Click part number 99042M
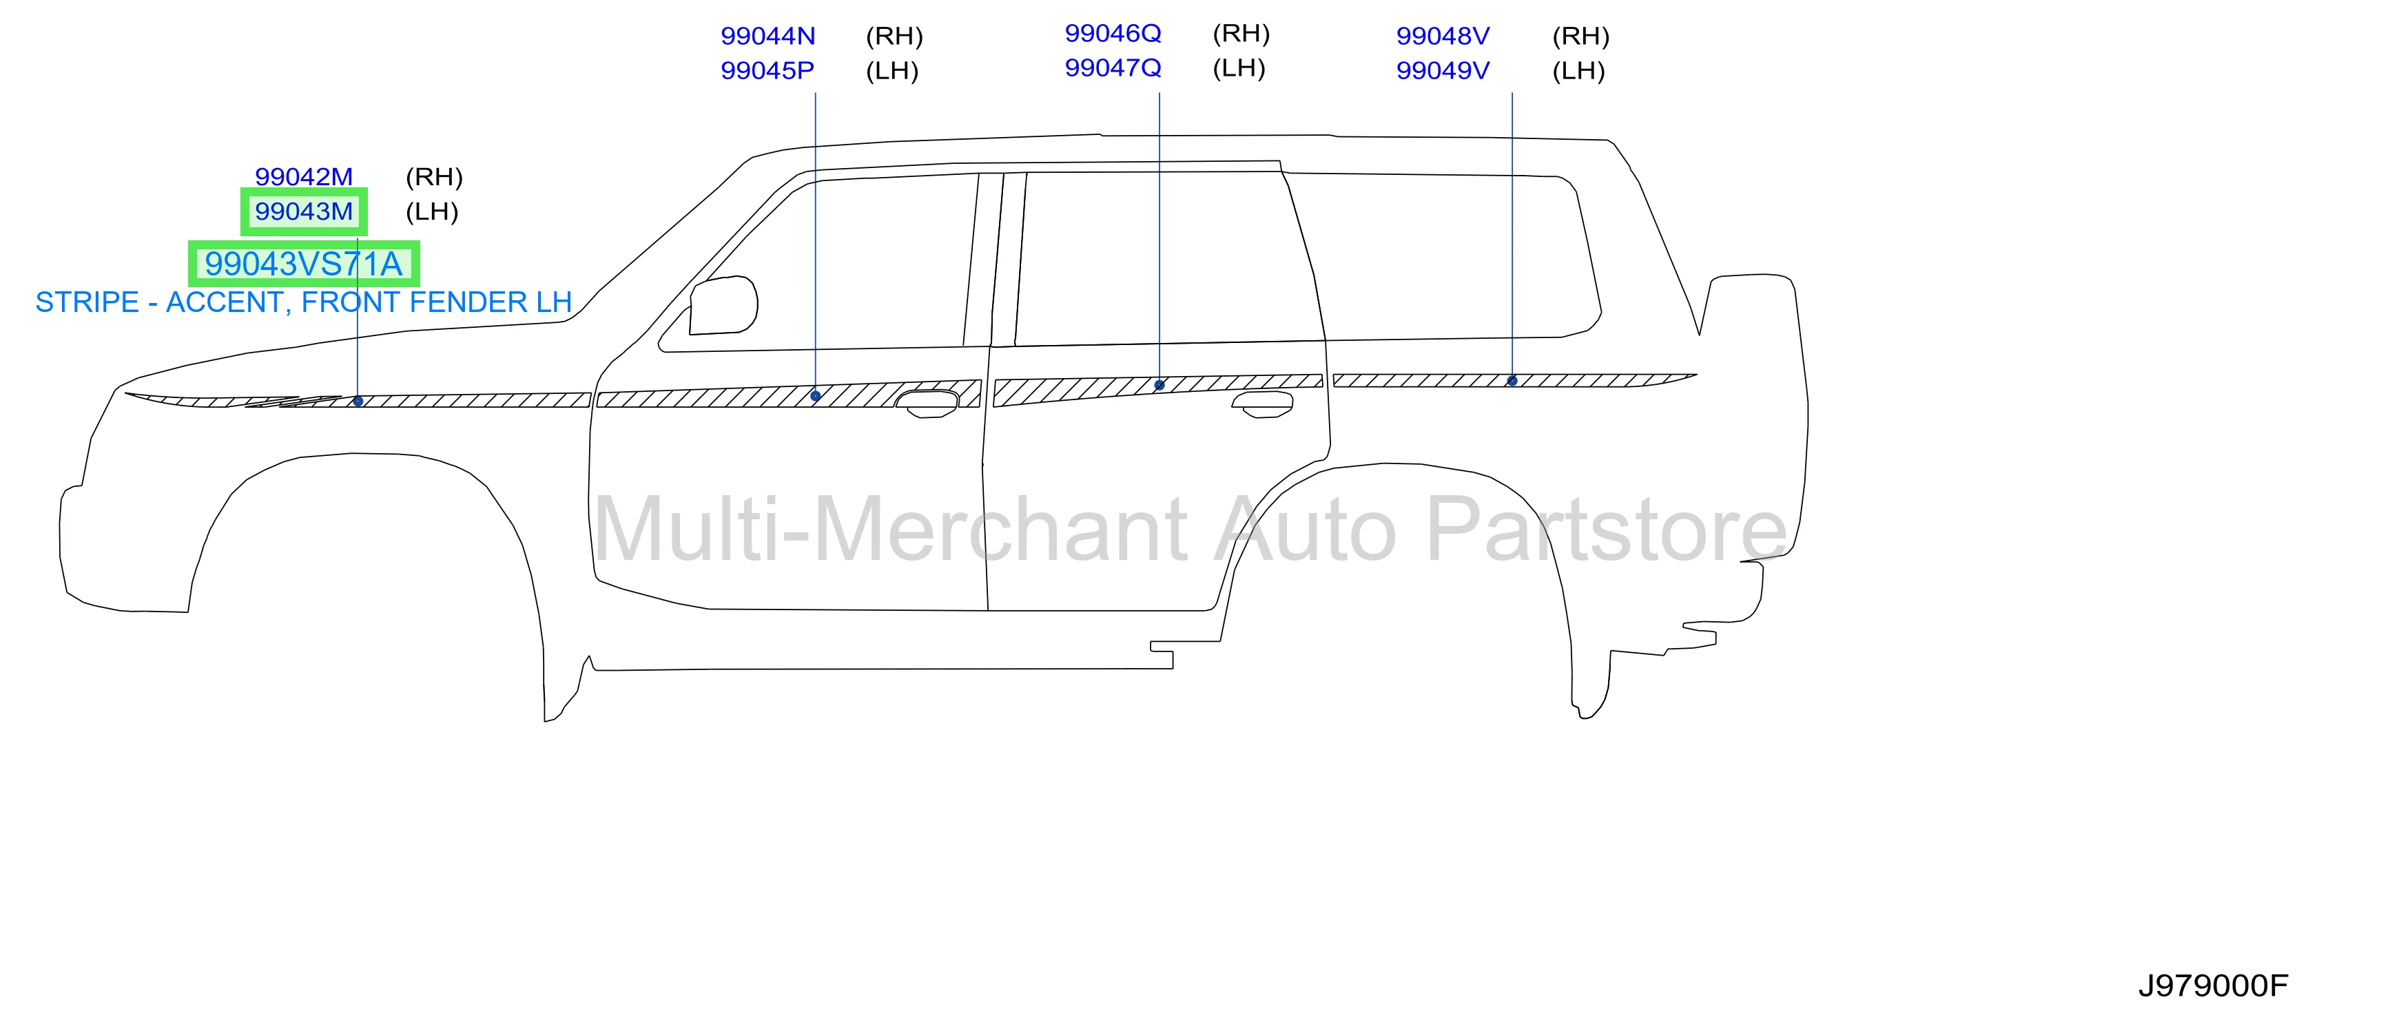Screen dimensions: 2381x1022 coord(303,176)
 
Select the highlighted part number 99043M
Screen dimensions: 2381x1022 coord(303,211)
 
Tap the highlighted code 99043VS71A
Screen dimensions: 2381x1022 coord(303,264)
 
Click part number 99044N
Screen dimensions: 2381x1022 coord(767,36)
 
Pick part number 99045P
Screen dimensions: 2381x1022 coord(767,70)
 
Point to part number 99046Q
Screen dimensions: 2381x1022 coord(1113,33)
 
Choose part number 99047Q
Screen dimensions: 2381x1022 coord(1113,67)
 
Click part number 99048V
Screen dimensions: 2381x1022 coord(1443,36)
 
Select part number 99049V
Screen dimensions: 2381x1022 coord(1443,70)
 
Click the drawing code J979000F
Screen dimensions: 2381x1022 coord(2213,986)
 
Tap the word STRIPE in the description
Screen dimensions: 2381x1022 coord(87,302)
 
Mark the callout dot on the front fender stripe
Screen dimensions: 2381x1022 coord(358,401)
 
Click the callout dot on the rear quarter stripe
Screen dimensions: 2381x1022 coord(1512,381)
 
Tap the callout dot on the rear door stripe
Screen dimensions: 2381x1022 coord(1159,384)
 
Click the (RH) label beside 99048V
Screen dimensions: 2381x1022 coord(1580,36)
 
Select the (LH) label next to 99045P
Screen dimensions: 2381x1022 coord(892,70)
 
